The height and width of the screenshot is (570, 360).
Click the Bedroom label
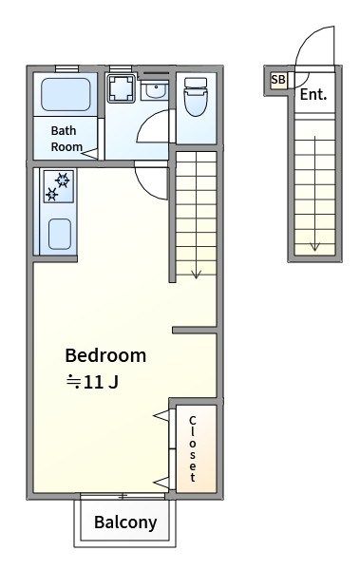pos(105,355)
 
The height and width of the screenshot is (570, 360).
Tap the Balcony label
pos(125,522)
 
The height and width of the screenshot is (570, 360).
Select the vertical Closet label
pos(193,448)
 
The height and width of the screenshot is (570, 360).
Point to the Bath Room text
pos(66,139)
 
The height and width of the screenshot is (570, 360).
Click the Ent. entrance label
pos(313,94)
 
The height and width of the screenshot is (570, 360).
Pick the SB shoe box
pos(278,79)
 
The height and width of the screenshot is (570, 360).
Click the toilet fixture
pos(196,97)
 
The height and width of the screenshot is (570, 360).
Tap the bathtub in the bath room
pos(66,94)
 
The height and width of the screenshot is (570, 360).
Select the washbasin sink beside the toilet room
pos(155,90)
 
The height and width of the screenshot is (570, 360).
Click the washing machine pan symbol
pos(122,88)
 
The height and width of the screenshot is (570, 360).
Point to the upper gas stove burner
pos(63,180)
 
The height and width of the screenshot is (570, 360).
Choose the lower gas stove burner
pos(51,195)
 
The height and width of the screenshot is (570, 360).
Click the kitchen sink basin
pos(60,234)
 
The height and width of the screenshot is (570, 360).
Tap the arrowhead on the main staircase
pos(197,275)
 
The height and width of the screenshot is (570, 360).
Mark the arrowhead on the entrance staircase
pos(314,246)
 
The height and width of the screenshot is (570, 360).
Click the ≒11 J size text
pos(92,382)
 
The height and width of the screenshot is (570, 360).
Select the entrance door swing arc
pos(307,38)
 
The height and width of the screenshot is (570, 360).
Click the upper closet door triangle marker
pos(161,415)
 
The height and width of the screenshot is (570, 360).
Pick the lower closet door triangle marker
pos(161,483)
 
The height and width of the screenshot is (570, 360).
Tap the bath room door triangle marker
pos(89,153)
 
